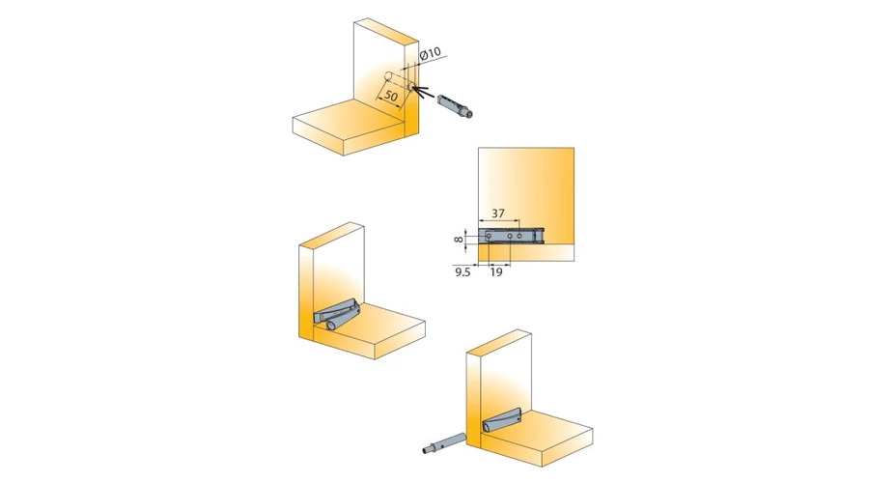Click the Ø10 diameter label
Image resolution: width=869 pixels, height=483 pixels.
[431, 54]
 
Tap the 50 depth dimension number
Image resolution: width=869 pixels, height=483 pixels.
[391, 96]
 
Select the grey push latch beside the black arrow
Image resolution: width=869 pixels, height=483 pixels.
[455, 106]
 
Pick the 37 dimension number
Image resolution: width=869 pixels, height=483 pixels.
[498, 213]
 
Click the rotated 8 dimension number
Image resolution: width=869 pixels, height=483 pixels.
[458, 239]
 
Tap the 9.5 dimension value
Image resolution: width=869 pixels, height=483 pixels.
[463, 272]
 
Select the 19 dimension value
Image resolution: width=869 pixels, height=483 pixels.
[496, 272]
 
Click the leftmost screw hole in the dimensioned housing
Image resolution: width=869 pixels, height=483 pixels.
[489, 237]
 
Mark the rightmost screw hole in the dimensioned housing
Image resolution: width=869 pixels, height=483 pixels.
[519, 237]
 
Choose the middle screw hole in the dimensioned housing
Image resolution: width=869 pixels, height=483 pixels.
[510, 237]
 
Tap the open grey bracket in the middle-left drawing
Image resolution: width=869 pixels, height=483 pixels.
[336, 312]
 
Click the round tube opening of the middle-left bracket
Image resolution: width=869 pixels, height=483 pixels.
[331, 327]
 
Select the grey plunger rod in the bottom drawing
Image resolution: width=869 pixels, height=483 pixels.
[444, 443]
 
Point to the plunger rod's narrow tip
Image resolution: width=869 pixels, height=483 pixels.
[426, 450]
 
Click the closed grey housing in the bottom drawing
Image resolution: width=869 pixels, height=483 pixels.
[503, 421]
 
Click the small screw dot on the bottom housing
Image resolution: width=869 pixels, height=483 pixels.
[518, 420]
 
